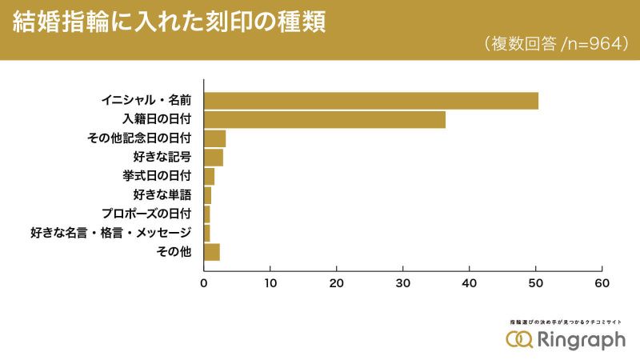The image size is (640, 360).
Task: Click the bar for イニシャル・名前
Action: point(371,101)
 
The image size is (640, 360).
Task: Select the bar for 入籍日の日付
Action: point(325,120)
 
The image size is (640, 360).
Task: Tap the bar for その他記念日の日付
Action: point(215,138)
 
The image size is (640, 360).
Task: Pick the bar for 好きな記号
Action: point(214,158)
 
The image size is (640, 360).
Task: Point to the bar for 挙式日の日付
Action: point(210,177)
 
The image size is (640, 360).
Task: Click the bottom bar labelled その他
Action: point(212,253)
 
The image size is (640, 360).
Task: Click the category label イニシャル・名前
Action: point(146,101)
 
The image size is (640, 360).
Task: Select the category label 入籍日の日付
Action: point(157,120)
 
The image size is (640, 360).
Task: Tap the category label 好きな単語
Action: point(162,195)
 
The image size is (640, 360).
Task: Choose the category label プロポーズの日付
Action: point(146,214)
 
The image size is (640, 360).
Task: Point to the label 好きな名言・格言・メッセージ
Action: point(111,234)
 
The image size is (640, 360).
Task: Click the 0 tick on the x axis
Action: point(204,282)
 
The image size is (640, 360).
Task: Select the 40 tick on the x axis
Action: point(470,282)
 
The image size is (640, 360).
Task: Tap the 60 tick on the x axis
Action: point(602,282)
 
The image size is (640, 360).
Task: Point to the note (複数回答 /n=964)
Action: point(553,44)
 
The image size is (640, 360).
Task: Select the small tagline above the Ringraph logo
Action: point(566,322)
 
